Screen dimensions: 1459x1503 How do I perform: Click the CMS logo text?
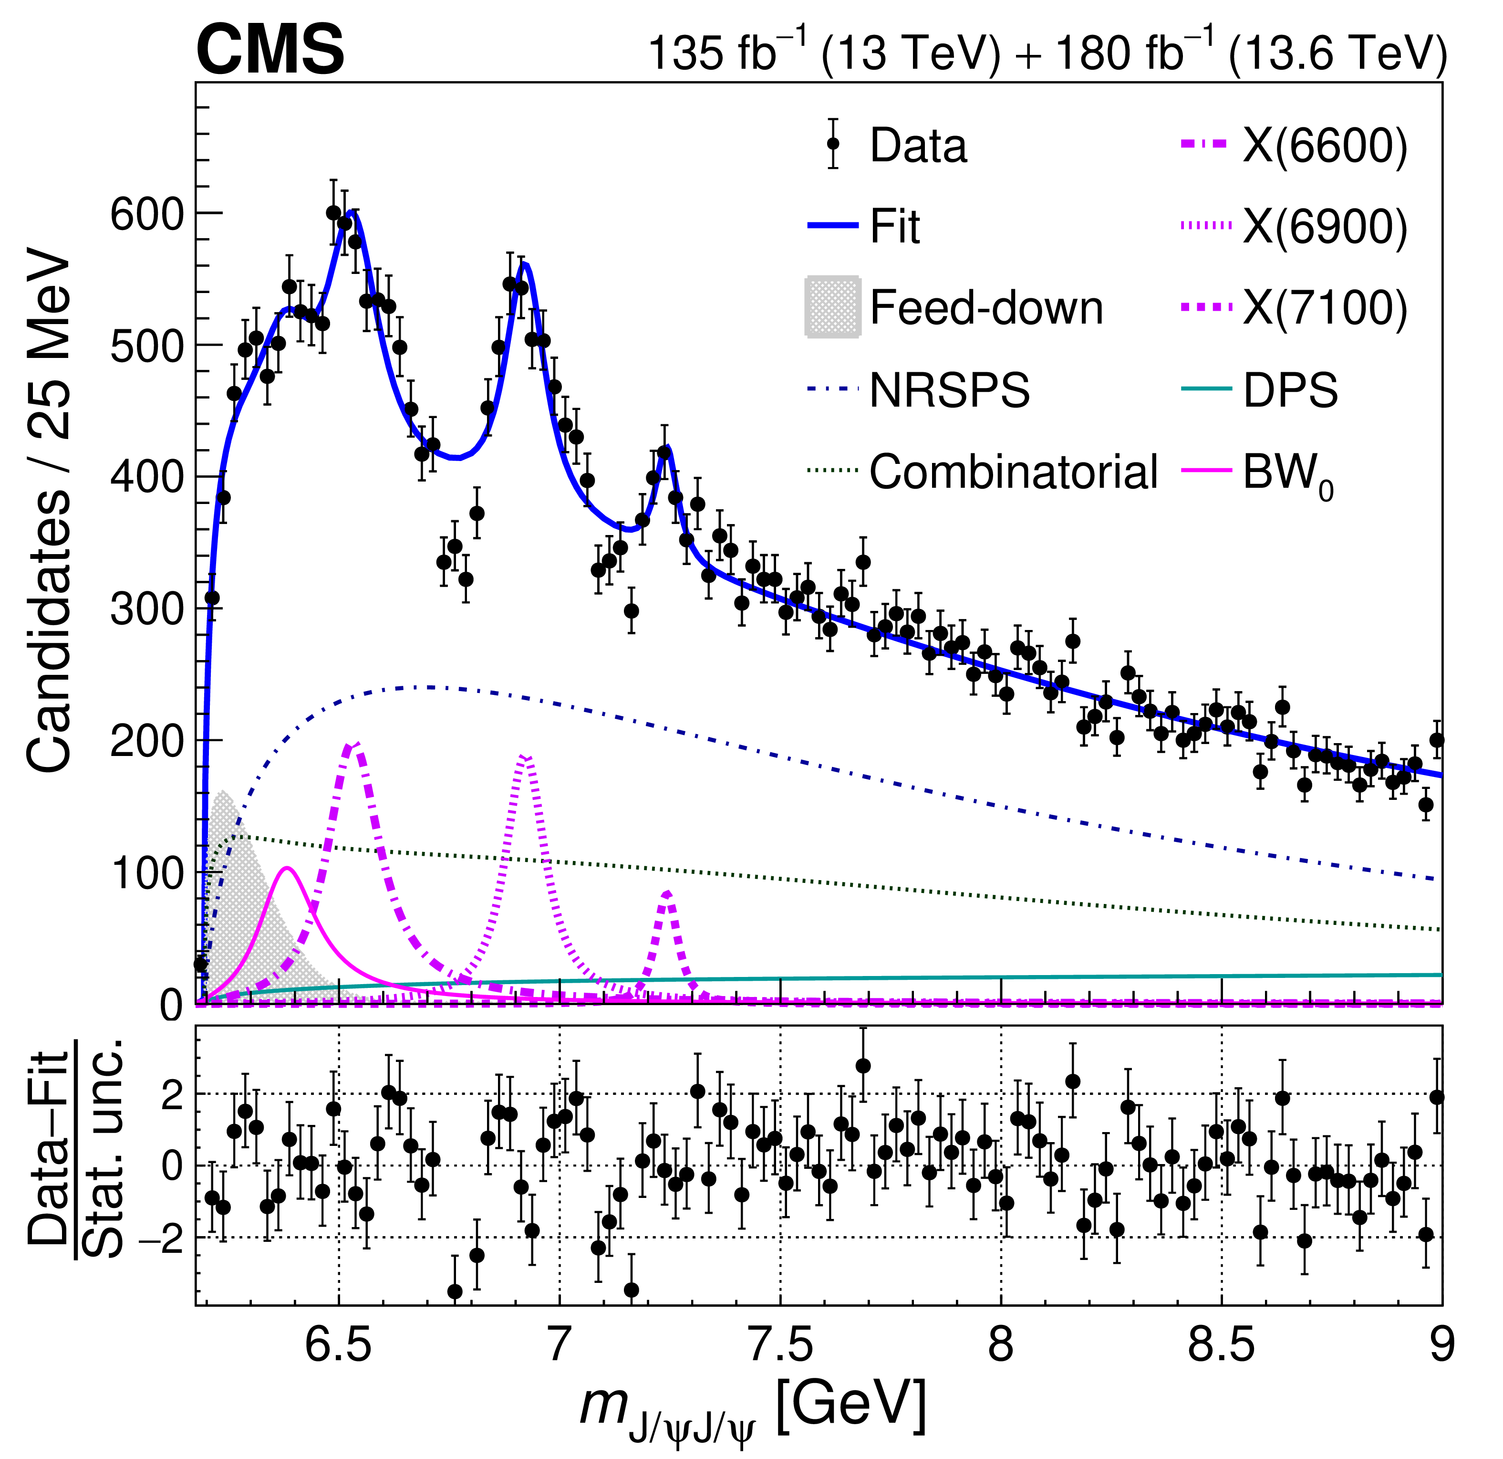(270, 50)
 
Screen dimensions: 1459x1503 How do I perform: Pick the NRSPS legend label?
(949, 390)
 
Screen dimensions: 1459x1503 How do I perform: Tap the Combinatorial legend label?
(1012, 472)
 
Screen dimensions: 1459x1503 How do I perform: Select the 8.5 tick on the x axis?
(1222, 1345)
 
